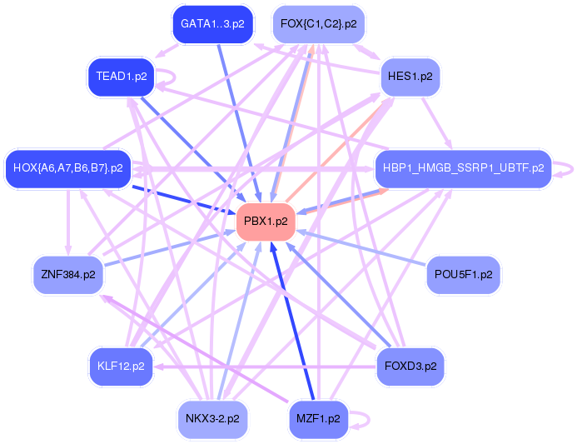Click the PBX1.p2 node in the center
(266, 222)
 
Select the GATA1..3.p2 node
(212, 24)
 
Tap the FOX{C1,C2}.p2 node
(318, 24)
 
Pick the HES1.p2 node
(410, 77)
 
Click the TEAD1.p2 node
(122, 77)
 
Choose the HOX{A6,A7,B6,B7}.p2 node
(68, 168)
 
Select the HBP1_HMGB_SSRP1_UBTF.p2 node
(463, 168)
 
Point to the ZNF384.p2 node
(67, 274)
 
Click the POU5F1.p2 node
(463, 274)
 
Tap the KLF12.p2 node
(121, 366)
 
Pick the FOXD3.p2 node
(410, 366)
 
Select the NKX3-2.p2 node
(212, 419)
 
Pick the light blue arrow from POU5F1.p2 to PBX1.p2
(366, 249)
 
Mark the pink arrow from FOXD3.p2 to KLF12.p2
(266, 366)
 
